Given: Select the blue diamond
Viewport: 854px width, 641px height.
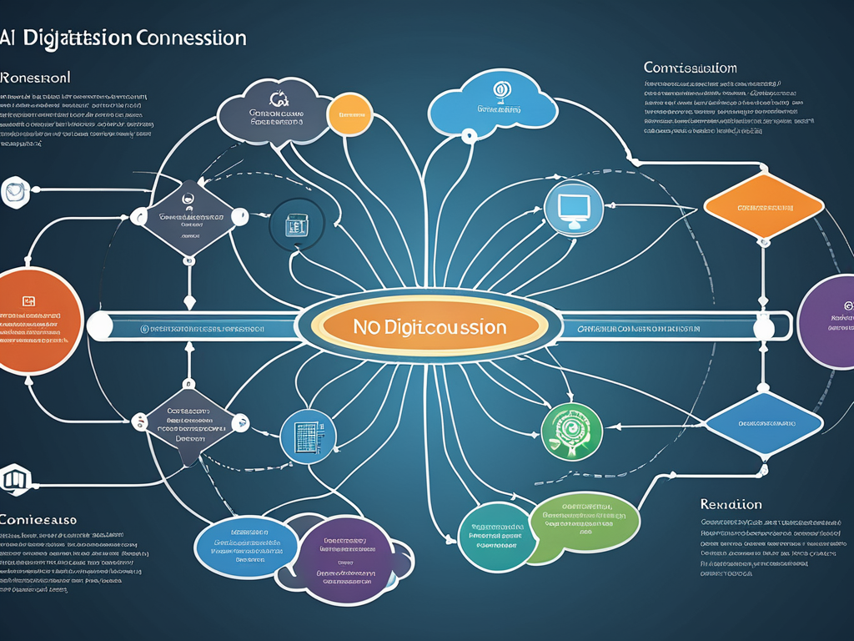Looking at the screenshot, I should click(763, 424).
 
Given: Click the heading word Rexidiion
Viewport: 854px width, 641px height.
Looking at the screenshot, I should click(731, 504).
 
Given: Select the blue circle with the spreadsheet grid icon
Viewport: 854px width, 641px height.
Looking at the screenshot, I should click(309, 436).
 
